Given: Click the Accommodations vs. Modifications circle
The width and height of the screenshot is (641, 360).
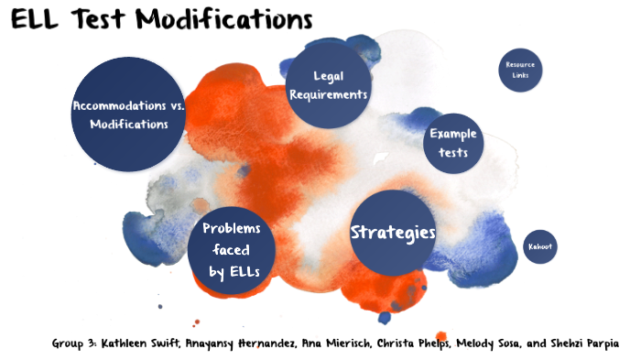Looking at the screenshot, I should point(128,115).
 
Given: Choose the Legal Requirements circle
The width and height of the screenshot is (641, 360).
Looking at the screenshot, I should point(327,85).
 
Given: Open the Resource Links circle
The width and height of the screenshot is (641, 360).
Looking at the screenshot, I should point(520,70).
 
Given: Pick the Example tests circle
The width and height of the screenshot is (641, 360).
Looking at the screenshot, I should point(453,143).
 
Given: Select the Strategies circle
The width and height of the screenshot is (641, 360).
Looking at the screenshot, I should point(393,233).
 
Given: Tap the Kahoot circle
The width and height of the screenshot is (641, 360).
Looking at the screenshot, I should point(540,247).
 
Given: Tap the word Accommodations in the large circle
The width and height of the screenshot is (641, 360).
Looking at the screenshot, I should point(121,106).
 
